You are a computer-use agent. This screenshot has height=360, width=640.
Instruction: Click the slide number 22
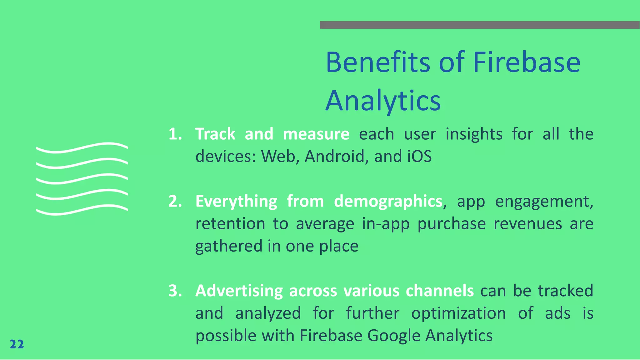[17, 344]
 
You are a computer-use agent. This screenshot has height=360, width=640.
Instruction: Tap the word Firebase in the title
[527, 62]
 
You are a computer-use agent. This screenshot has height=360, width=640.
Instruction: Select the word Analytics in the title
[383, 101]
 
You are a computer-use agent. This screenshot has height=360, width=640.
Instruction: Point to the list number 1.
[175, 134]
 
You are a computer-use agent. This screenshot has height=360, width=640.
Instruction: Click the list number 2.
[175, 201]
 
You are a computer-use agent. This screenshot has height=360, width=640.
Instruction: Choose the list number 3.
[175, 291]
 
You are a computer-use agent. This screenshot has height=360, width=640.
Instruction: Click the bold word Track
[215, 134]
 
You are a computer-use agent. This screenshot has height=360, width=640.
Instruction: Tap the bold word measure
[316, 134]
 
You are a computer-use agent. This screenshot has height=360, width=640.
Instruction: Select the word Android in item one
[334, 156]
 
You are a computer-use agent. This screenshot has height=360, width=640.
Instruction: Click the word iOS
[420, 156]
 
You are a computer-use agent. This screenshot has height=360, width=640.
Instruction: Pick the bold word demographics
[388, 201]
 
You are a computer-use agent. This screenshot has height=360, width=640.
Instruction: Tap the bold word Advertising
[239, 291]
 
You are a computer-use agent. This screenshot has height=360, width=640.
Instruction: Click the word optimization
[458, 313]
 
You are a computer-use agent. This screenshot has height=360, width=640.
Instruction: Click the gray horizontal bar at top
[480, 25]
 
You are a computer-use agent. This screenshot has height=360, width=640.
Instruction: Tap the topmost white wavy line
[82, 147]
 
